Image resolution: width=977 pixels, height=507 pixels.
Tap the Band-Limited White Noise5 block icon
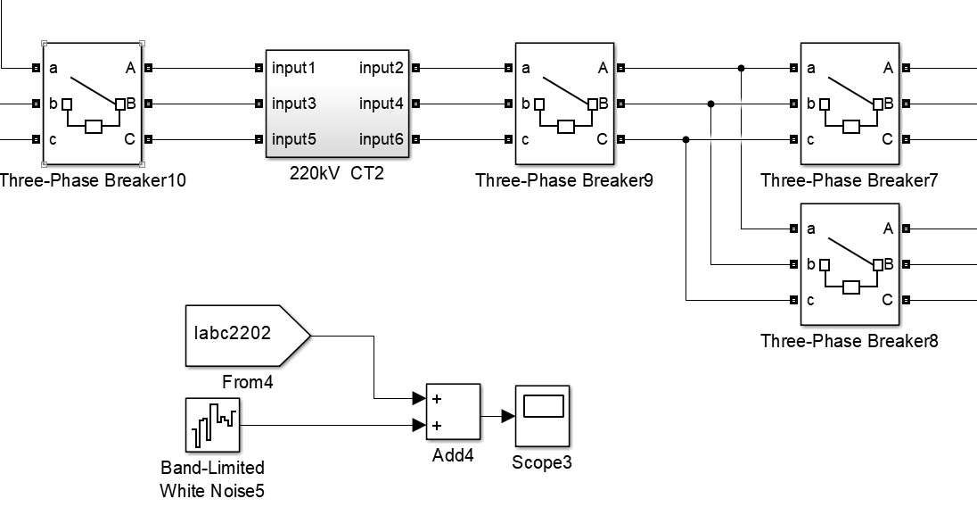click(212, 426)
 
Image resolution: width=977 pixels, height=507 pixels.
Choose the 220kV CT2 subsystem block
click(337, 103)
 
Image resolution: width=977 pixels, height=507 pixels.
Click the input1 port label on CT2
click(294, 68)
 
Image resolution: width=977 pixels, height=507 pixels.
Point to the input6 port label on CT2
click(382, 139)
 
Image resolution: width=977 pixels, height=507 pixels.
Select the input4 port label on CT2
click(382, 104)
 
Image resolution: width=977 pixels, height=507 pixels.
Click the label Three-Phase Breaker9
click(564, 181)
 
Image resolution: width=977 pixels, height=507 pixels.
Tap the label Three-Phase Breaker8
click(850, 341)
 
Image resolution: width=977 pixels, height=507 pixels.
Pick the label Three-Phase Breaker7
click(850, 181)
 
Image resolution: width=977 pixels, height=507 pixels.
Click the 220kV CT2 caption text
click(337, 173)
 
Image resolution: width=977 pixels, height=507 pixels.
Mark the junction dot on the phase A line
click(742, 68)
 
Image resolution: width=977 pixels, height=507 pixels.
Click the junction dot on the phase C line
click(686, 139)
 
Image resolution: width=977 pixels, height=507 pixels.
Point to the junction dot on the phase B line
click(710, 104)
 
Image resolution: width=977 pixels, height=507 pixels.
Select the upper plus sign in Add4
click(437, 398)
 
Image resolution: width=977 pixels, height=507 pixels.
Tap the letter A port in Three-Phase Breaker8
click(888, 229)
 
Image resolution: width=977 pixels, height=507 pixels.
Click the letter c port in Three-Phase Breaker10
click(53, 139)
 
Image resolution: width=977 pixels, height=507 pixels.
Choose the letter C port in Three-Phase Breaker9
click(603, 139)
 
